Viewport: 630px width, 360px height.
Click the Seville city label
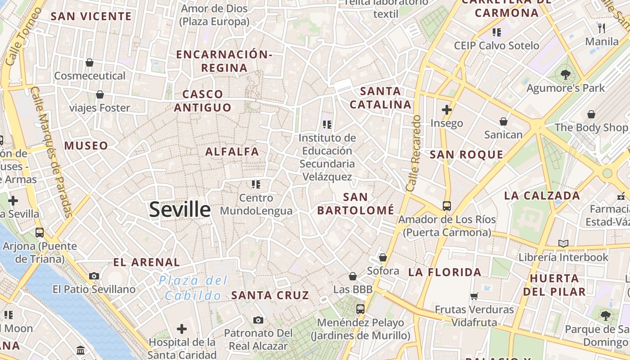(x=180, y=210)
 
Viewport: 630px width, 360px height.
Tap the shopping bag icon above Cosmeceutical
(x=90, y=62)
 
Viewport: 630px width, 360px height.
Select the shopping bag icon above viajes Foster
(x=99, y=94)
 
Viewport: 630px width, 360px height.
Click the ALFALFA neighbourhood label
(x=232, y=152)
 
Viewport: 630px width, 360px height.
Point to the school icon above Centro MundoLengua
(x=256, y=184)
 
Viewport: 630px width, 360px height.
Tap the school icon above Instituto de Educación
(x=327, y=124)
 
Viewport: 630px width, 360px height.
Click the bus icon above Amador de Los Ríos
(x=446, y=206)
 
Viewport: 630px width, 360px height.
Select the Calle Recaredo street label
(x=414, y=153)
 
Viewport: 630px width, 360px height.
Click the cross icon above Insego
(x=446, y=109)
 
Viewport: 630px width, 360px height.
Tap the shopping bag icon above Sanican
(x=503, y=121)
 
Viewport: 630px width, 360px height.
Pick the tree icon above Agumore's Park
(x=566, y=75)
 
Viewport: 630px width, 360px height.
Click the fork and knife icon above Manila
(x=602, y=28)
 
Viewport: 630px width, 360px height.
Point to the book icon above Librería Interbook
(x=563, y=243)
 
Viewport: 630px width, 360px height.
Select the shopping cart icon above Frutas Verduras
(x=474, y=296)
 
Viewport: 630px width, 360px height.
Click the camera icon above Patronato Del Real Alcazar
(x=258, y=320)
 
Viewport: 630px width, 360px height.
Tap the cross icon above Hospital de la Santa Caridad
(x=182, y=329)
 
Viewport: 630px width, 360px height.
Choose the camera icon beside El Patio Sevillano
(x=94, y=276)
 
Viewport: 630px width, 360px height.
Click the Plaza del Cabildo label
(x=193, y=288)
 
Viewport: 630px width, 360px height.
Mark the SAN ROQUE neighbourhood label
(x=466, y=155)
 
